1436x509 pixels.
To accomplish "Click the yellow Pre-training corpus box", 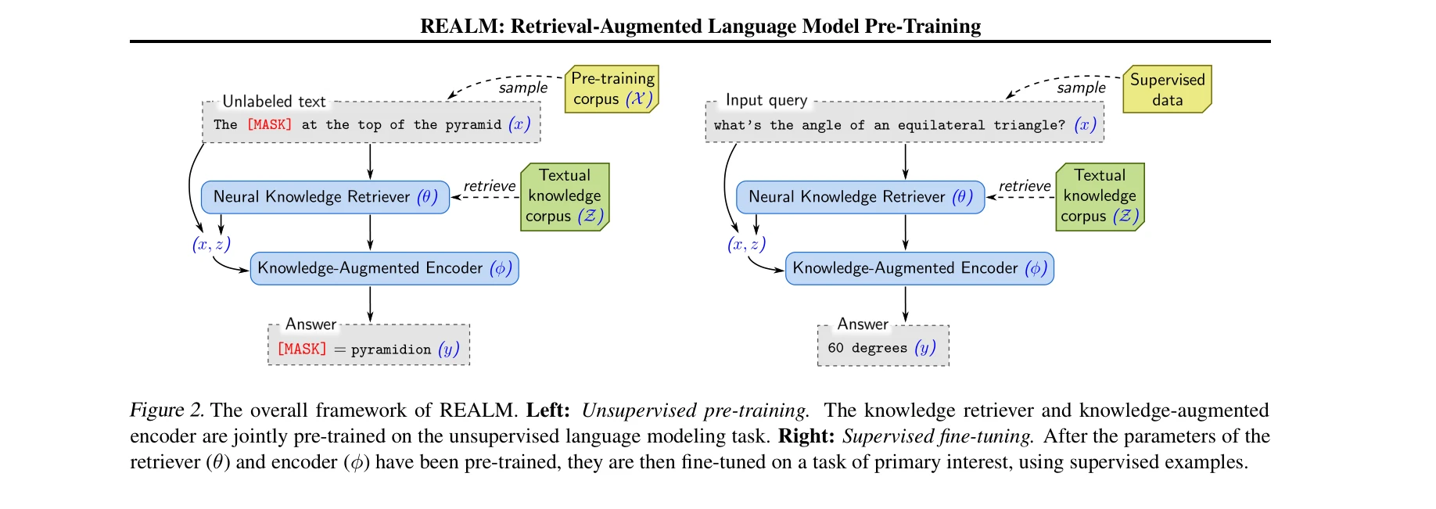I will coord(612,89).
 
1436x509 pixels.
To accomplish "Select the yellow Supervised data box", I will coord(1167,89).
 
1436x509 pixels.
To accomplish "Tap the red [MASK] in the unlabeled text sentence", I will coord(269,124).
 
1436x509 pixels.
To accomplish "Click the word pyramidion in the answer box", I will coord(391,349).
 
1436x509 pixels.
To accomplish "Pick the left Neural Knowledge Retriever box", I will coord(325,197).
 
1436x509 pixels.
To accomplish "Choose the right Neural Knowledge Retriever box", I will coord(860,197).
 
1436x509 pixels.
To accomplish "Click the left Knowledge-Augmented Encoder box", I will coord(384,268).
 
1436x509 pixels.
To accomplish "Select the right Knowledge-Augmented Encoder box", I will coord(919,268).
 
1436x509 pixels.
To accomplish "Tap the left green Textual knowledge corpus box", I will coord(565,196).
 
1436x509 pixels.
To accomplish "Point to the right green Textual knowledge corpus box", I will coord(1100,196).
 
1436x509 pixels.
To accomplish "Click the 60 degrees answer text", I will coord(867,348).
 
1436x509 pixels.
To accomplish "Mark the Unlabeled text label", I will coord(274,102).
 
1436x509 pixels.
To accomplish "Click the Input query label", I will coord(766,100).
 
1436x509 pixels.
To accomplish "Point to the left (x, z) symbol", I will coord(211,245).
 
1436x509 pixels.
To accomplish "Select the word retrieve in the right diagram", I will coord(1025,186).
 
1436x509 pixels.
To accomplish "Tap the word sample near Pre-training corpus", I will coord(523,88).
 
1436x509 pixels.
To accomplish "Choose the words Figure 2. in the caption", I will coord(167,410).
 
